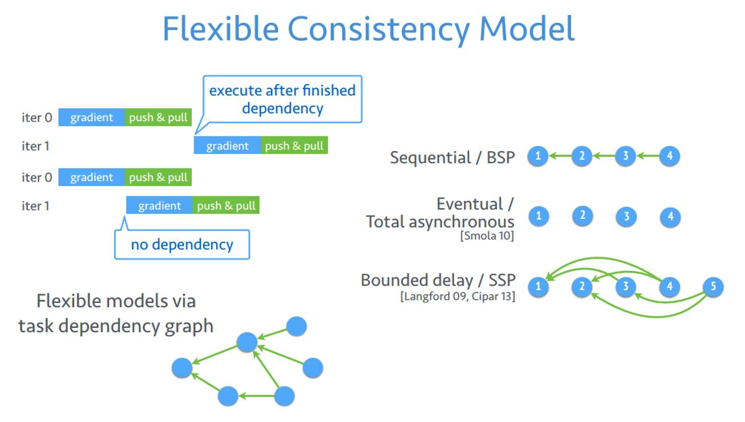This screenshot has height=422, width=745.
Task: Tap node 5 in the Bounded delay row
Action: coord(713,286)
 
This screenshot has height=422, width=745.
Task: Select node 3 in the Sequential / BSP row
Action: coord(626,156)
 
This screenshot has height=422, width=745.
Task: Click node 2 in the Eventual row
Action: coord(582,216)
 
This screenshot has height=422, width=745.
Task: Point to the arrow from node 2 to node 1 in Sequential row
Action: coord(560,156)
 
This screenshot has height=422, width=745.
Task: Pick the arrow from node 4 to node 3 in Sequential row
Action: coord(648,156)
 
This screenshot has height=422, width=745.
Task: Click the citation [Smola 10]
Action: coord(487,236)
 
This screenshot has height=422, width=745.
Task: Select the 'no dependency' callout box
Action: coord(182,245)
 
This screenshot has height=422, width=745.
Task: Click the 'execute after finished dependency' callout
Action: coord(282,99)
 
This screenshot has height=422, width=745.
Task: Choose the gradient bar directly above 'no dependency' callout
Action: coord(159,205)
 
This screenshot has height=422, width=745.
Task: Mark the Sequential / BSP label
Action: coord(452,157)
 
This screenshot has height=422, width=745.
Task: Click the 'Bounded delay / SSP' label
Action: coord(438,281)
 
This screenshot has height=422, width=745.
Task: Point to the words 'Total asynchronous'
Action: coord(440,221)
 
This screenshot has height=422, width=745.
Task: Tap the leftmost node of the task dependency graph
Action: coord(182,368)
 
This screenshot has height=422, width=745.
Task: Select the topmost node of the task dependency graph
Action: coord(296,326)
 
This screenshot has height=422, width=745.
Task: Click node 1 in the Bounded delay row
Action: coord(538,286)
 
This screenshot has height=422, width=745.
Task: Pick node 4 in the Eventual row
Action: coord(670,216)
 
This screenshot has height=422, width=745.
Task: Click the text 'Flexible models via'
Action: coord(116,301)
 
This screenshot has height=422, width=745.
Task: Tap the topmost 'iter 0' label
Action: coord(37,117)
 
